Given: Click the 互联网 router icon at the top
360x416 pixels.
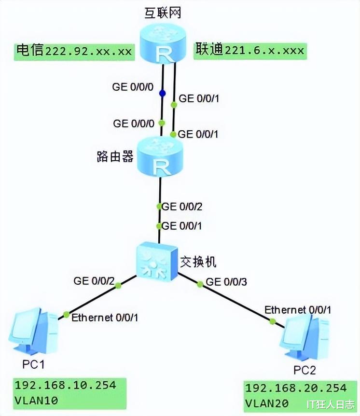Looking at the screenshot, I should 164,44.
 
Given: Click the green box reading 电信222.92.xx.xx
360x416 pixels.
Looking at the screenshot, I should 74,51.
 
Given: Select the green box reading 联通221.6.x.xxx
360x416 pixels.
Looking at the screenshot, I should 250,50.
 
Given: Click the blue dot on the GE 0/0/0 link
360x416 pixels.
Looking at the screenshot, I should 163,93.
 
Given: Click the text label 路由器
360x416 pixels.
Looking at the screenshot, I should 114,157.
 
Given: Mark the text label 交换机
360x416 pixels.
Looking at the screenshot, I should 198,262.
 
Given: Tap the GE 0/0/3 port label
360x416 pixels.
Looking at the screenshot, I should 226,281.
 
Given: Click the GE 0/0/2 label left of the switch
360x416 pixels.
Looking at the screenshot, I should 94,280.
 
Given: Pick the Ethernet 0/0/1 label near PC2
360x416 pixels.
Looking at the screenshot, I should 298,309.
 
